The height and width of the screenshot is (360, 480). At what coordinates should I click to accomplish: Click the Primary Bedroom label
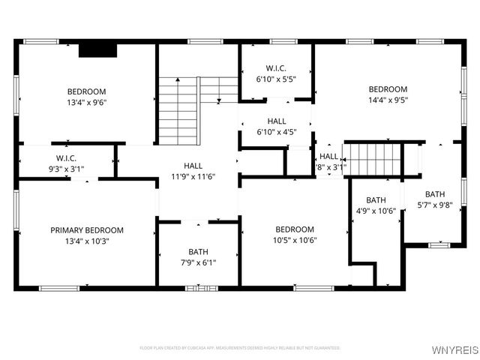click(87, 230)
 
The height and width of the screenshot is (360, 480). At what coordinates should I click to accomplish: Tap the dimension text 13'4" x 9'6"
click(87, 103)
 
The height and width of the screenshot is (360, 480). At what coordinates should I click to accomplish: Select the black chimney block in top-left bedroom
click(97, 49)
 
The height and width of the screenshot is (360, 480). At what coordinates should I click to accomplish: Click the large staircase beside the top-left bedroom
click(178, 112)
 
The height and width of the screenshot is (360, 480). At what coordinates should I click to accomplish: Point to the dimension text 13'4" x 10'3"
click(87, 241)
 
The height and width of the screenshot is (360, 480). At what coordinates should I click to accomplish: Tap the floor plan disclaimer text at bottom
click(240, 348)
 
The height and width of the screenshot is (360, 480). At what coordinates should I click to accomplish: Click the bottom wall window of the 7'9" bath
click(199, 287)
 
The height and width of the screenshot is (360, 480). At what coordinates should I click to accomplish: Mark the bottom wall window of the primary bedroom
click(59, 287)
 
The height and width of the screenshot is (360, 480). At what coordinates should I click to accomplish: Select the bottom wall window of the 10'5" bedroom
click(314, 287)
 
